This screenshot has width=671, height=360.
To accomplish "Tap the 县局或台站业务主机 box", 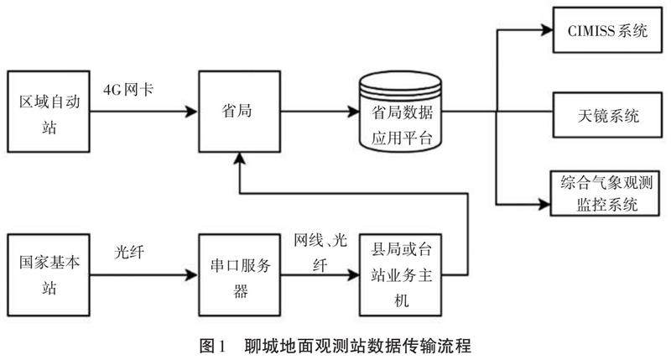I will [400, 270].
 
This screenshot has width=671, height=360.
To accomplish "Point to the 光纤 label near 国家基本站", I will [130, 249].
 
